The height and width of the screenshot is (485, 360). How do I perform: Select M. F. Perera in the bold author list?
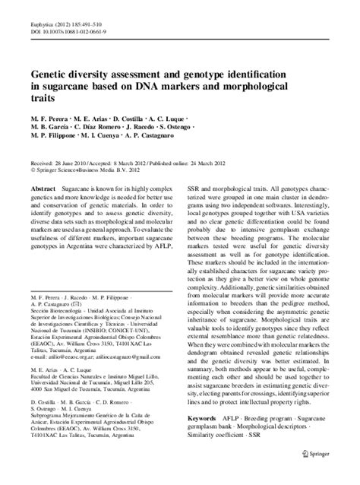[x=48, y=120]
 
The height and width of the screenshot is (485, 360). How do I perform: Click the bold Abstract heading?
[x=43, y=185]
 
